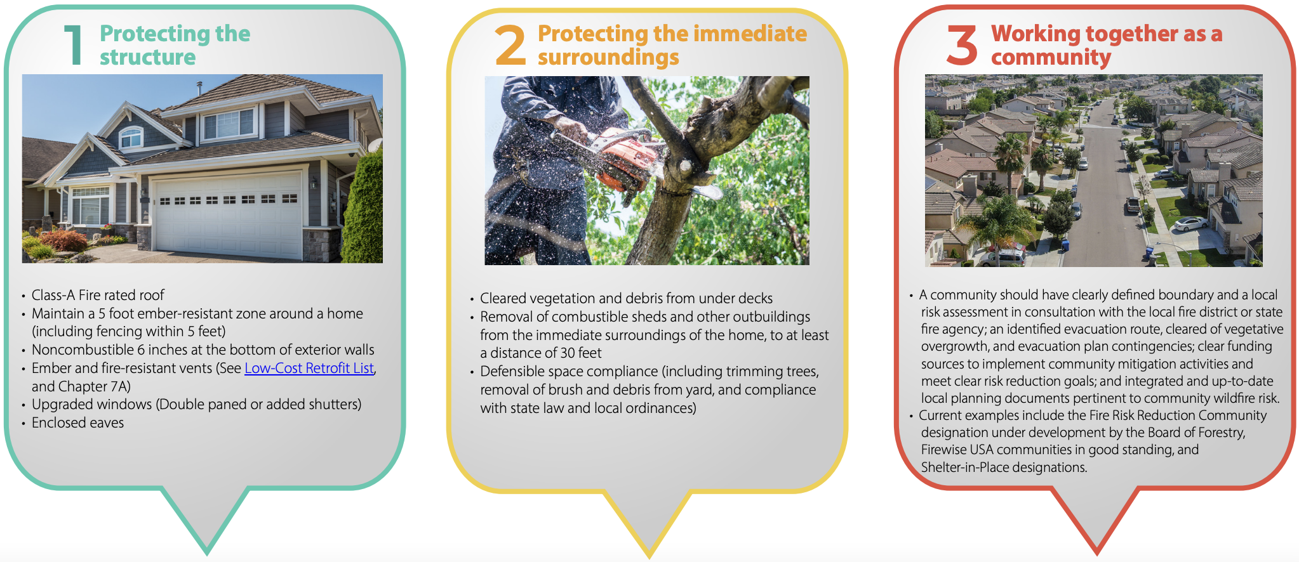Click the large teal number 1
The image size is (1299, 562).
coord(74,44)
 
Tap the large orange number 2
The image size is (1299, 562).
coord(510,45)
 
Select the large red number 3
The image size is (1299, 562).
coord(962,45)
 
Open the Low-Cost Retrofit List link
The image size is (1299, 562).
coord(309,368)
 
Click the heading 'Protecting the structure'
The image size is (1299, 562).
coord(175,45)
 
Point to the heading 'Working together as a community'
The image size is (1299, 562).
coord(1107,45)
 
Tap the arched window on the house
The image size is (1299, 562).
coord(131,137)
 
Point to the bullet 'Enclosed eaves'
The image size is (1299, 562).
coord(77,423)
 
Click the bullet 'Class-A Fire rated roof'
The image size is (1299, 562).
coord(98,295)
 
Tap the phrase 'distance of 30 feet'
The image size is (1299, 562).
coord(545,353)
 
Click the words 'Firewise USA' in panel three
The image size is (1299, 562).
coord(957,450)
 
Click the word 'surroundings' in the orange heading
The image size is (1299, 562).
coord(608,57)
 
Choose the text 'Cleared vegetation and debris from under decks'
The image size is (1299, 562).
coord(626,298)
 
